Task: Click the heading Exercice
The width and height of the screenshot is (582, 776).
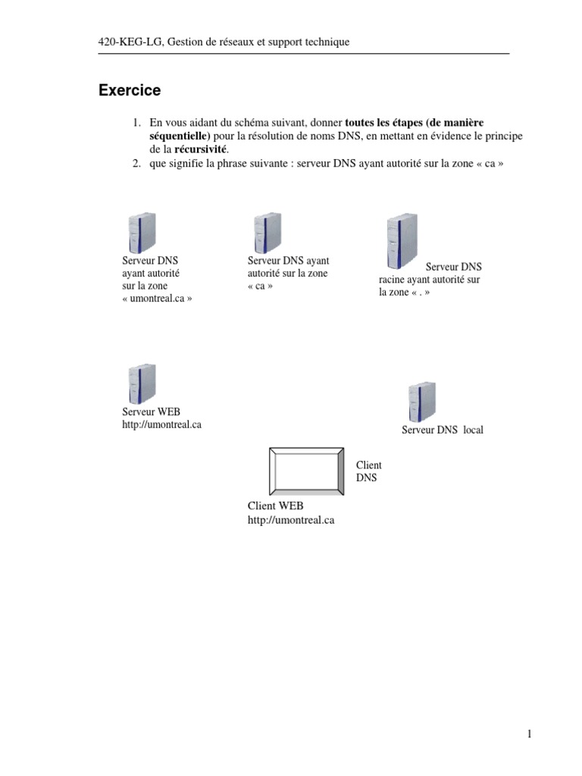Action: click(x=130, y=91)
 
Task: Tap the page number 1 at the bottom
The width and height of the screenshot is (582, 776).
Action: click(x=530, y=734)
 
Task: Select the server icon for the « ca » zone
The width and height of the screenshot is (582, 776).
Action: click(x=268, y=232)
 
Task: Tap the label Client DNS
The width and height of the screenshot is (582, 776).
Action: click(x=368, y=471)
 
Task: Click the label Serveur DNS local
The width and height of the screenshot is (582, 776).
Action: click(x=442, y=430)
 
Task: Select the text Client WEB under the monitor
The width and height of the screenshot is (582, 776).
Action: click(x=275, y=505)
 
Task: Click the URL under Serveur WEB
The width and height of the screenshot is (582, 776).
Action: click(x=161, y=425)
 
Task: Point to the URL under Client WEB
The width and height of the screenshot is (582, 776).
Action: click(x=290, y=520)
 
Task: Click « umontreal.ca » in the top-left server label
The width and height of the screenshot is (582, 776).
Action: click(x=157, y=299)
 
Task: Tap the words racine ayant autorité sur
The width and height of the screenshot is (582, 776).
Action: click(x=429, y=280)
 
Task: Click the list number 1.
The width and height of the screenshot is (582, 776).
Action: click(x=136, y=122)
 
